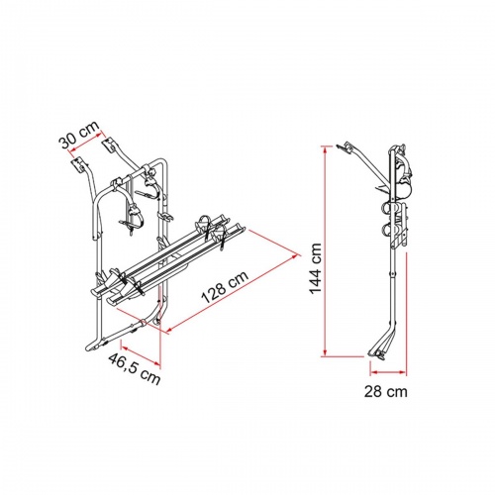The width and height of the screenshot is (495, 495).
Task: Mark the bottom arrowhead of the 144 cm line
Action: (324, 353)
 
